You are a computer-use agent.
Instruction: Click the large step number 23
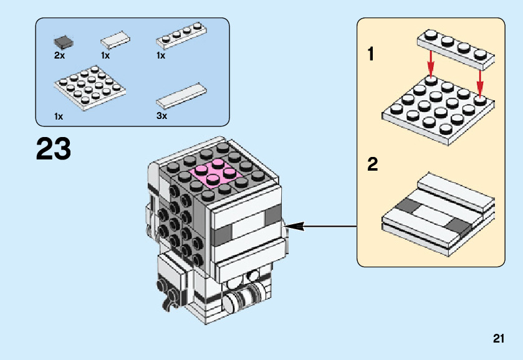pyautogui.click(x=54, y=149)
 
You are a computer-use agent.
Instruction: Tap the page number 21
pyautogui.click(x=497, y=339)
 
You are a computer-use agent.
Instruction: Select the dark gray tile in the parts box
pyautogui.click(x=62, y=42)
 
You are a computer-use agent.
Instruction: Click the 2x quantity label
pyautogui.click(x=59, y=55)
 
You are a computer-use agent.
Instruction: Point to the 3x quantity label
pyautogui.click(x=161, y=116)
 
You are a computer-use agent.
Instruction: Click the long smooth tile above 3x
pyautogui.click(x=181, y=95)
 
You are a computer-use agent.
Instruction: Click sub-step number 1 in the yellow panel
pyautogui.click(x=372, y=55)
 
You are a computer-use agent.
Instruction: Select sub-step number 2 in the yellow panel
pyautogui.click(x=373, y=165)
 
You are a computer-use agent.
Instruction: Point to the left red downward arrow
pyautogui.click(x=431, y=62)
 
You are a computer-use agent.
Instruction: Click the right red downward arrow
pyautogui.click(x=480, y=80)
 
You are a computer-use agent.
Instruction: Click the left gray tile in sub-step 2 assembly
pyautogui.click(x=408, y=207)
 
